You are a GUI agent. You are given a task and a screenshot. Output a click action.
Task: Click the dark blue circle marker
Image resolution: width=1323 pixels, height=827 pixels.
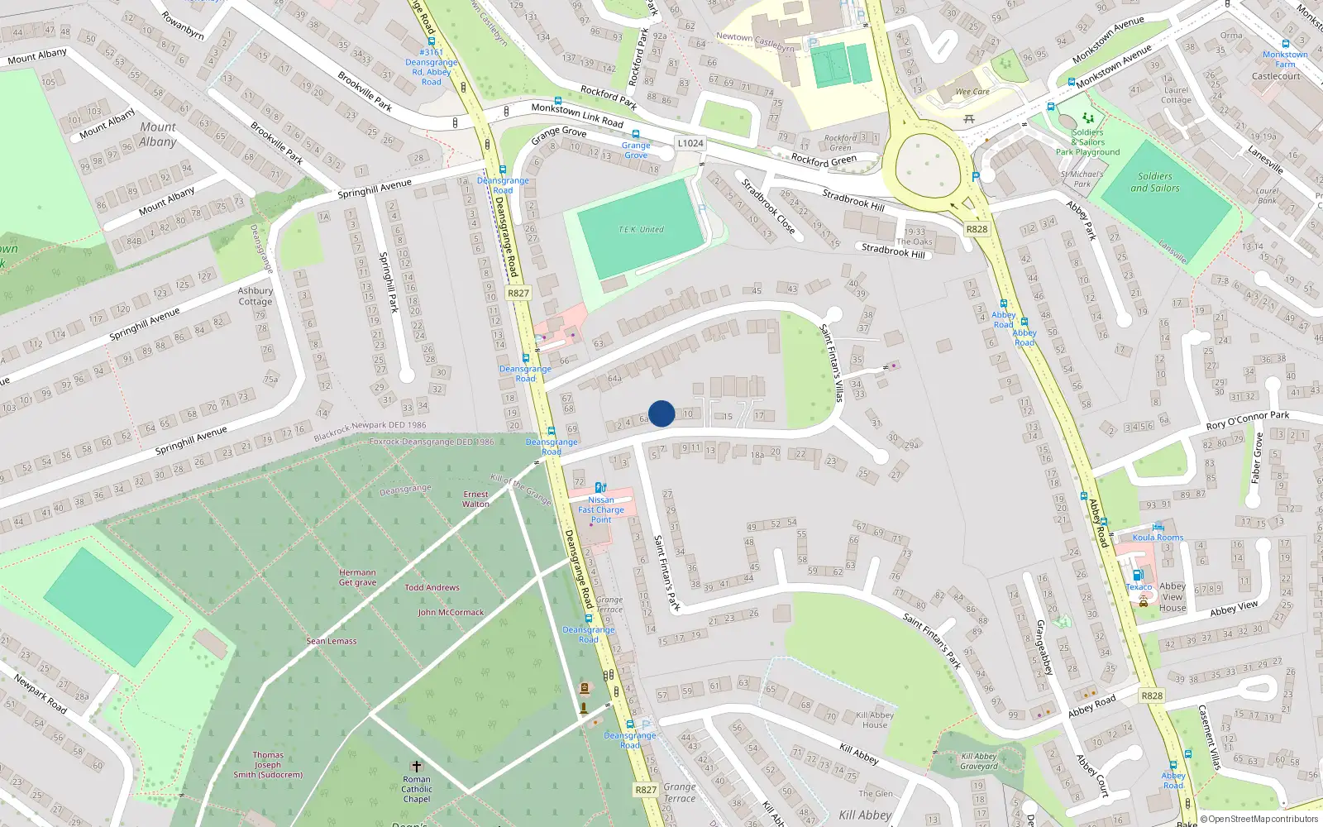coord(661,413)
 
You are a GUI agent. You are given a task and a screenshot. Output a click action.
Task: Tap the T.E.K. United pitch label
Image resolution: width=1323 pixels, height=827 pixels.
coord(641,229)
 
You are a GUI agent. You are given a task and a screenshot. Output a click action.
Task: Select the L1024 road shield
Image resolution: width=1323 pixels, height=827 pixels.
coord(690,143)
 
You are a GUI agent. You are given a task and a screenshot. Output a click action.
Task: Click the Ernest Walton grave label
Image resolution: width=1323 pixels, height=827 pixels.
coord(475,499)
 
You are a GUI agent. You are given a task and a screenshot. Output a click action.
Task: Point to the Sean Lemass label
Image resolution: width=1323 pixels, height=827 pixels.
coord(332,641)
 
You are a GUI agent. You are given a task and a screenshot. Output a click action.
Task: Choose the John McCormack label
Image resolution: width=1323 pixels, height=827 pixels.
coord(451,613)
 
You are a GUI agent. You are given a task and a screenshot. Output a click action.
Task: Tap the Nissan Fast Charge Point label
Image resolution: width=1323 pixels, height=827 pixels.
coord(601,509)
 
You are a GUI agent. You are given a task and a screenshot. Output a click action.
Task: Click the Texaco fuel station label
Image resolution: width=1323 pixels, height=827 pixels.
coord(1139,586)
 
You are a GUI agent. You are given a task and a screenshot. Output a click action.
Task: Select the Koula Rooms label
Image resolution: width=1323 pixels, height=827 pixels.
coord(1158,538)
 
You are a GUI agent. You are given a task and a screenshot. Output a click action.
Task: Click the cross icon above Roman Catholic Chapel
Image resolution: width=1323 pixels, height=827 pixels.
coord(417,767)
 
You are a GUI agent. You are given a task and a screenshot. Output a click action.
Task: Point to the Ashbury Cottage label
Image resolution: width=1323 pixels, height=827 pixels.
coord(256,296)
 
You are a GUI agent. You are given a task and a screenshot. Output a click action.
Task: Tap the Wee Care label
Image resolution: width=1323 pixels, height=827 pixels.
coord(972,92)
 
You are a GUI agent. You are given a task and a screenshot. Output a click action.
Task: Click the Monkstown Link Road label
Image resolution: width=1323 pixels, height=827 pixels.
coord(577,115)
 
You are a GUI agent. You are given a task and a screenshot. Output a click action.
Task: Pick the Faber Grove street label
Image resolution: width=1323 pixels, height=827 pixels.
coord(1257,457)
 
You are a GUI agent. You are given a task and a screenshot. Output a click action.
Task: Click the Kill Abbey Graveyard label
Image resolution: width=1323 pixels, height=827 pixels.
coord(979,761)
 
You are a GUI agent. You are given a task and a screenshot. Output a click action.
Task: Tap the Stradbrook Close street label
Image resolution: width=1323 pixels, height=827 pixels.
coord(768,206)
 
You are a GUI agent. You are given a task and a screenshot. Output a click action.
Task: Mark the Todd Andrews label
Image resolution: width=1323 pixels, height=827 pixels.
coord(432,588)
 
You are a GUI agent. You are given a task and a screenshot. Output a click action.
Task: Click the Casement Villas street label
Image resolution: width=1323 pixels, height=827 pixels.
coord(1209,738)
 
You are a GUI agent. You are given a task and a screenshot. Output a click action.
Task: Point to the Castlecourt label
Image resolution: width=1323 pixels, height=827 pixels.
coord(1276,76)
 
